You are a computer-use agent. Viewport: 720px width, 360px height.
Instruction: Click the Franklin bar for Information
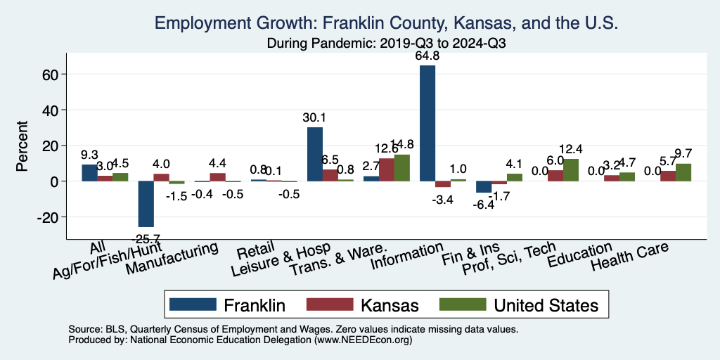click(x=427, y=123)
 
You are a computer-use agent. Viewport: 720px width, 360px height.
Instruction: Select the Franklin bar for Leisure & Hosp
click(x=315, y=154)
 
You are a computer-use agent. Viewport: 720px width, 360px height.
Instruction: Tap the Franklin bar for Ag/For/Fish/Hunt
click(x=146, y=204)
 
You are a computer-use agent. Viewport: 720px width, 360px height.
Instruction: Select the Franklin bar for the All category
click(x=89, y=173)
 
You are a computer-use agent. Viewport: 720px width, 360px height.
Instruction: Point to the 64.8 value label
click(x=428, y=56)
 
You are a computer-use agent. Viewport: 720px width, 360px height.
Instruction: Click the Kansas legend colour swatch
click(x=329, y=304)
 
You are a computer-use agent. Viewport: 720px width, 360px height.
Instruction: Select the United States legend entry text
click(x=546, y=304)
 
